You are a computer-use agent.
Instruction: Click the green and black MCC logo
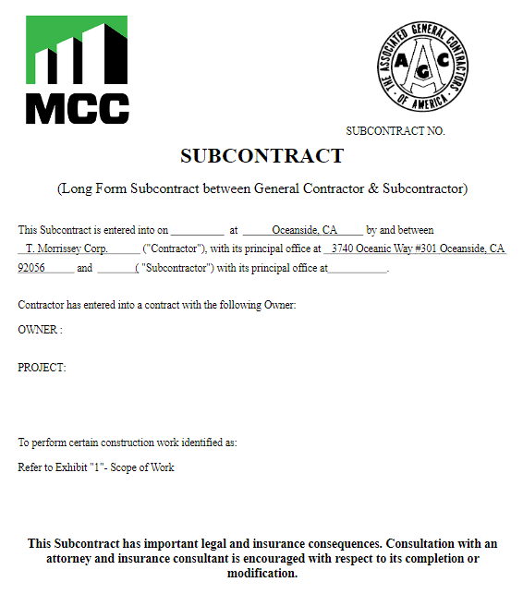[x=77, y=70]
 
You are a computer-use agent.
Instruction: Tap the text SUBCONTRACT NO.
[x=395, y=131]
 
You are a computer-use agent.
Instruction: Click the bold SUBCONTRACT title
[x=261, y=156]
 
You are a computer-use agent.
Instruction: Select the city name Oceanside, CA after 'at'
[x=304, y=230]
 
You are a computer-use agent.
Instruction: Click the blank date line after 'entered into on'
[x=197, y=231]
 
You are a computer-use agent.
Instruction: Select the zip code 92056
[x=32, y=268]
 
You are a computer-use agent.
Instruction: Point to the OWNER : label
[x=40, y=330]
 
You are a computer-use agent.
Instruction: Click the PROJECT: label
[x=42, y=368]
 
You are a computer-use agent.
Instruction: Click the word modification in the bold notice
[x=261, y=574]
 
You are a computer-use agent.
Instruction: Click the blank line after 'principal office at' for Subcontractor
[x=358, y=269]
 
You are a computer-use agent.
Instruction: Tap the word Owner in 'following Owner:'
[x=280, y=305]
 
